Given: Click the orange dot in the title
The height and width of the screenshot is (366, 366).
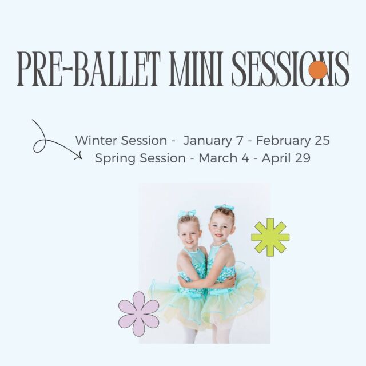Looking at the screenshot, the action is (318, 70).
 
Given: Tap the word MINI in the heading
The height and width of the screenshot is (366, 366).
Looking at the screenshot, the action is (196, 69).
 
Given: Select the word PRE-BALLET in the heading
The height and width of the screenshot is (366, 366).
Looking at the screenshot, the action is (89, 69).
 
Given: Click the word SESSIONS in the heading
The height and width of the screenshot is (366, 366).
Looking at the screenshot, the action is (290, 69).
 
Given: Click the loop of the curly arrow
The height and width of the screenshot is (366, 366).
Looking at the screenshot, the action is (39, 146).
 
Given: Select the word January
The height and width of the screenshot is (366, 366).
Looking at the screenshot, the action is (207, 141).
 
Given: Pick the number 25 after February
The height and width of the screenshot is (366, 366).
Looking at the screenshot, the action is (322, 141).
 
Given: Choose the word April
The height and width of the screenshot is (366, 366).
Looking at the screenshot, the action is (277, 159).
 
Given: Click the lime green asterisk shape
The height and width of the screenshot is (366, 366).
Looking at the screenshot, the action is (270, 237).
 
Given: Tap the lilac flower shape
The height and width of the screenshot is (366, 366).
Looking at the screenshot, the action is (138, 314).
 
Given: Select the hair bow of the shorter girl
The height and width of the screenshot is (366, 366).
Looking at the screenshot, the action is (187, 213).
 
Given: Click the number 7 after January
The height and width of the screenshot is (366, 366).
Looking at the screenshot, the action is (240, 141).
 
